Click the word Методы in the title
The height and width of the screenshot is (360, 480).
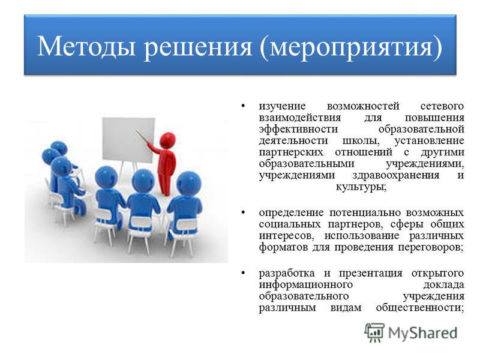tap(86, 47)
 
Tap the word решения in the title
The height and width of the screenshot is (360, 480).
tap(198, 47)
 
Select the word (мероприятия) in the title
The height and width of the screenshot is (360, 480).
tap(351, 47)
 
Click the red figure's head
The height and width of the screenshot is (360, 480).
tap(168, 140)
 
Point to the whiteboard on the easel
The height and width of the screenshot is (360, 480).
tap(128, 140)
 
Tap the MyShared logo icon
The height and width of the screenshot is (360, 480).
tap(374, 332)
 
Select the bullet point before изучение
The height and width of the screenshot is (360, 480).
tap(243, 106)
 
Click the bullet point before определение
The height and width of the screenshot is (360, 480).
tap(243, 212)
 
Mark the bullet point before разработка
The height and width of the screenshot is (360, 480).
tap(243, 273)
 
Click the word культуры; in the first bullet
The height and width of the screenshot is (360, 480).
tap(361, 187)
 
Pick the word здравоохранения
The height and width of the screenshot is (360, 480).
tap(395, 176)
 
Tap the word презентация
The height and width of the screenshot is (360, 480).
tap(370, 274)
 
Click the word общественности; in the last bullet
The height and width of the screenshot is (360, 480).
tap(420, 307)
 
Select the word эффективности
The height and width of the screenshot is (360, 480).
tap(298, 130)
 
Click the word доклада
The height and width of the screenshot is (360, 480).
tap(443, 285)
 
